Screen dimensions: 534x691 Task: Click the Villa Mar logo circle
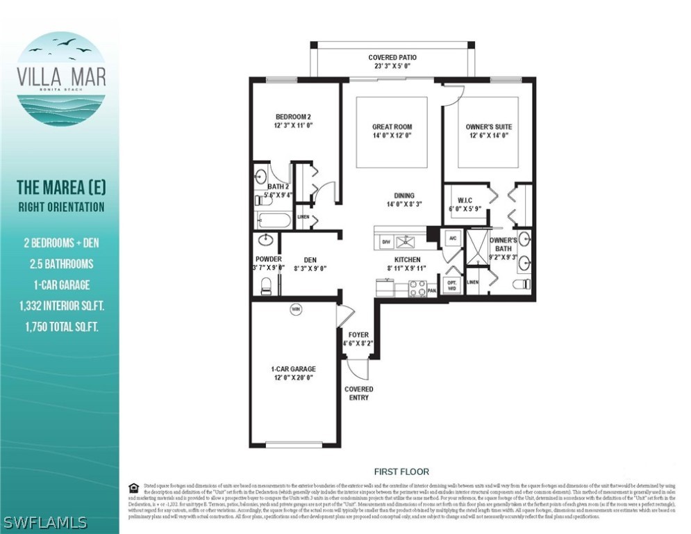61,78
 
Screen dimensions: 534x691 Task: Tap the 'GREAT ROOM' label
392,127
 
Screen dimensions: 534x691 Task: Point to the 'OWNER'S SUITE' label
489,127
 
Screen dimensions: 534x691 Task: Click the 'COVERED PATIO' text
393,58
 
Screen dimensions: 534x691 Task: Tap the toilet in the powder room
265,285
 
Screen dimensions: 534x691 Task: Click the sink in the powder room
265,241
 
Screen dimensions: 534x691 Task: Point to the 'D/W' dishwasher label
386,243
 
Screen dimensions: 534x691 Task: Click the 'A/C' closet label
452,238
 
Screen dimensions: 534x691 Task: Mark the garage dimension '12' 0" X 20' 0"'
293,378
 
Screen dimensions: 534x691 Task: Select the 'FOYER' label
358,334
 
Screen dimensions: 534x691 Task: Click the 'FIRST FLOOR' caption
401,471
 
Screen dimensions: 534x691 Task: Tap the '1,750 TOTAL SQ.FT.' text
61,326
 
